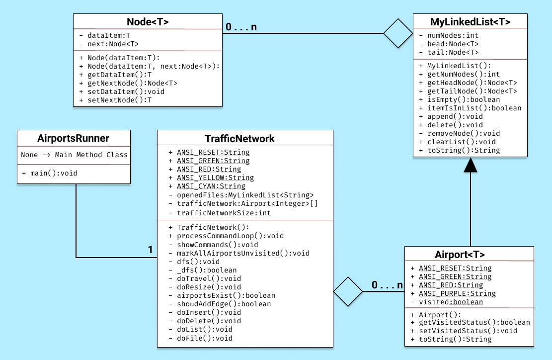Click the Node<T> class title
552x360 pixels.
(148, 21)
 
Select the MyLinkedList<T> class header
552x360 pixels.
(470, 21)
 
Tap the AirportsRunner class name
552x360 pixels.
(73, 138)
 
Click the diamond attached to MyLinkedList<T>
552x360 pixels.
(398, 33)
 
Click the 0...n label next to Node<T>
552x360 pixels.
(241, 27)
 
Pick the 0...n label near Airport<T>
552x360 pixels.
(387, 285)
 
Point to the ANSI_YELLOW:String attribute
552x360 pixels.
(215, 178)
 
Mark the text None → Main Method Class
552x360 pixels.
(74, 155)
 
